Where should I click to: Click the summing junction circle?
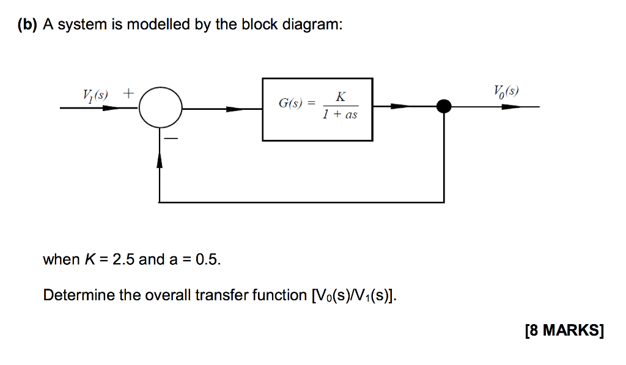[160, 109]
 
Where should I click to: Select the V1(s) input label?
[95, 95]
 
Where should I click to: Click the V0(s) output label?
[506, 92]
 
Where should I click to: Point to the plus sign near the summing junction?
[128, 93]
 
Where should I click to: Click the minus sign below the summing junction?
[172, 140]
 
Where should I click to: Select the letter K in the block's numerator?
[340, 96]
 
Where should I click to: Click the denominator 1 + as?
[340, 115]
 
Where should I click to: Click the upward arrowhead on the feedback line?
[160, 161]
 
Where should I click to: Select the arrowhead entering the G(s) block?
[236, 109]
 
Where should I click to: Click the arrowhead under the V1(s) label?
[111, 109]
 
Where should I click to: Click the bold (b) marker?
[27, 25]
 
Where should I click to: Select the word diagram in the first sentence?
[311, 25]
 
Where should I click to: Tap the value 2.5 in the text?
[121, 259]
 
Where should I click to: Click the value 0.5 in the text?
[205, 259]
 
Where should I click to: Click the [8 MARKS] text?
[564, 331]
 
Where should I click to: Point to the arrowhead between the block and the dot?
[400, 106]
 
